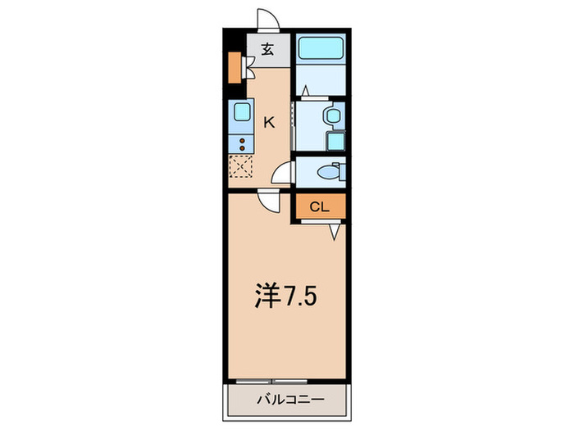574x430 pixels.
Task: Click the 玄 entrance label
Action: point(267,49)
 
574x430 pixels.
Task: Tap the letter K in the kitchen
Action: point(268,122)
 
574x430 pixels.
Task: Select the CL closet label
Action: point(320,206)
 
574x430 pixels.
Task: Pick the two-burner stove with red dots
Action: point(241,144)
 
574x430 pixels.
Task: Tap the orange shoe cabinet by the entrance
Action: point(235,69)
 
